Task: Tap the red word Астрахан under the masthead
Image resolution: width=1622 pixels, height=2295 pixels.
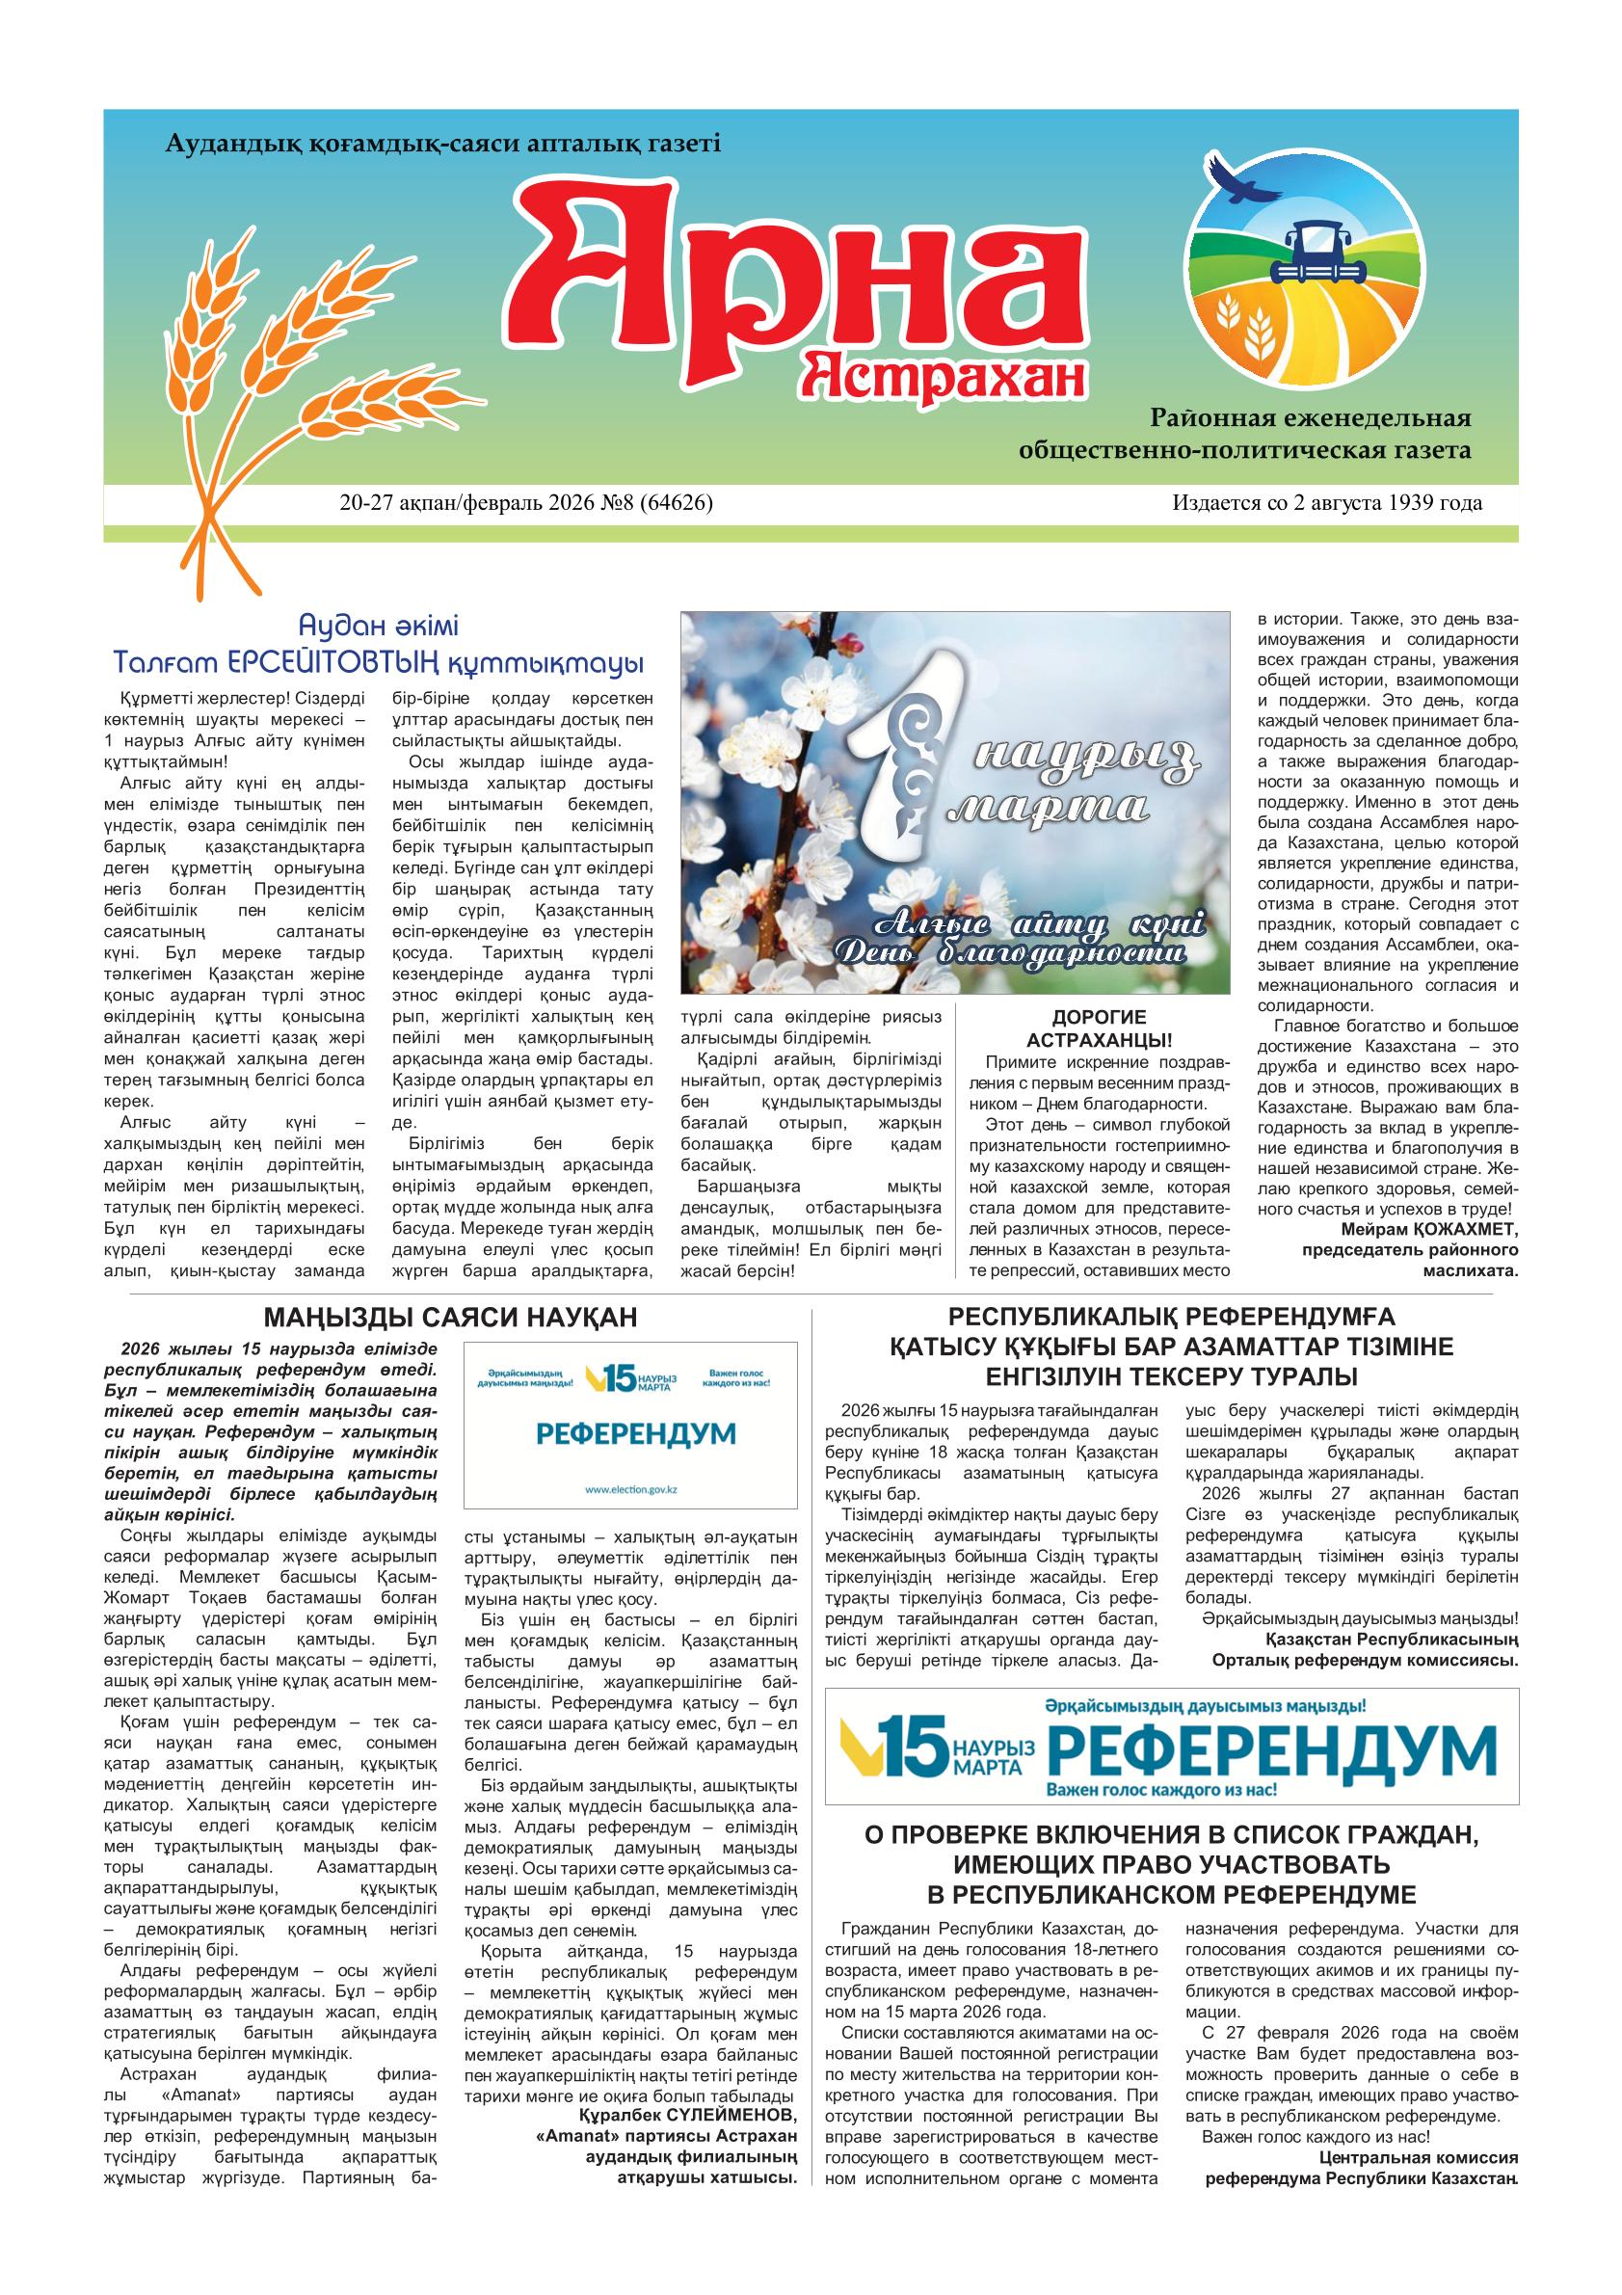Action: coord(944,377)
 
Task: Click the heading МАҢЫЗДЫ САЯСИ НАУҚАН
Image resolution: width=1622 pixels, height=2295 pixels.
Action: coord(449,1318)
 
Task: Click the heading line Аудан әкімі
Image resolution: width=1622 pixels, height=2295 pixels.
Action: coord(379,627)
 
